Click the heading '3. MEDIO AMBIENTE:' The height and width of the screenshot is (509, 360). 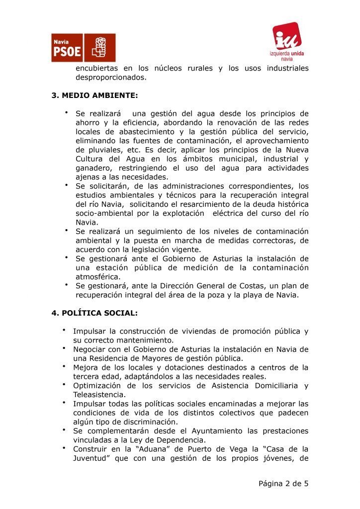94,95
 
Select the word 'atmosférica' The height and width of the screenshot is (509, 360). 98,276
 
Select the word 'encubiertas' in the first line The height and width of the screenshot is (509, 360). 97,68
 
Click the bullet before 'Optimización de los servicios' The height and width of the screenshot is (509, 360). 65,384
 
